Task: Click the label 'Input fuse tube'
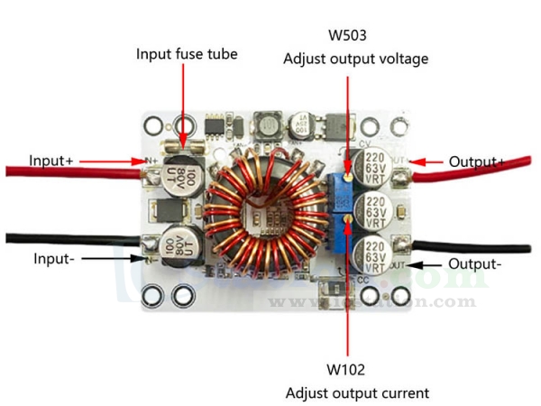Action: click(x=187, y=54)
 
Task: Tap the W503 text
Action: click(x=347, y=36)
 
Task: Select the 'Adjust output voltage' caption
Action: click(x=355, y=59)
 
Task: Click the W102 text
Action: click(x=346, y=370)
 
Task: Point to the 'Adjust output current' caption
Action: click(x=357, y=392)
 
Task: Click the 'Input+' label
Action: click(x=50, y=161)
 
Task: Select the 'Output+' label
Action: click(x=477, y=161)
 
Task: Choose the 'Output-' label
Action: click(x=476, y=264)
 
